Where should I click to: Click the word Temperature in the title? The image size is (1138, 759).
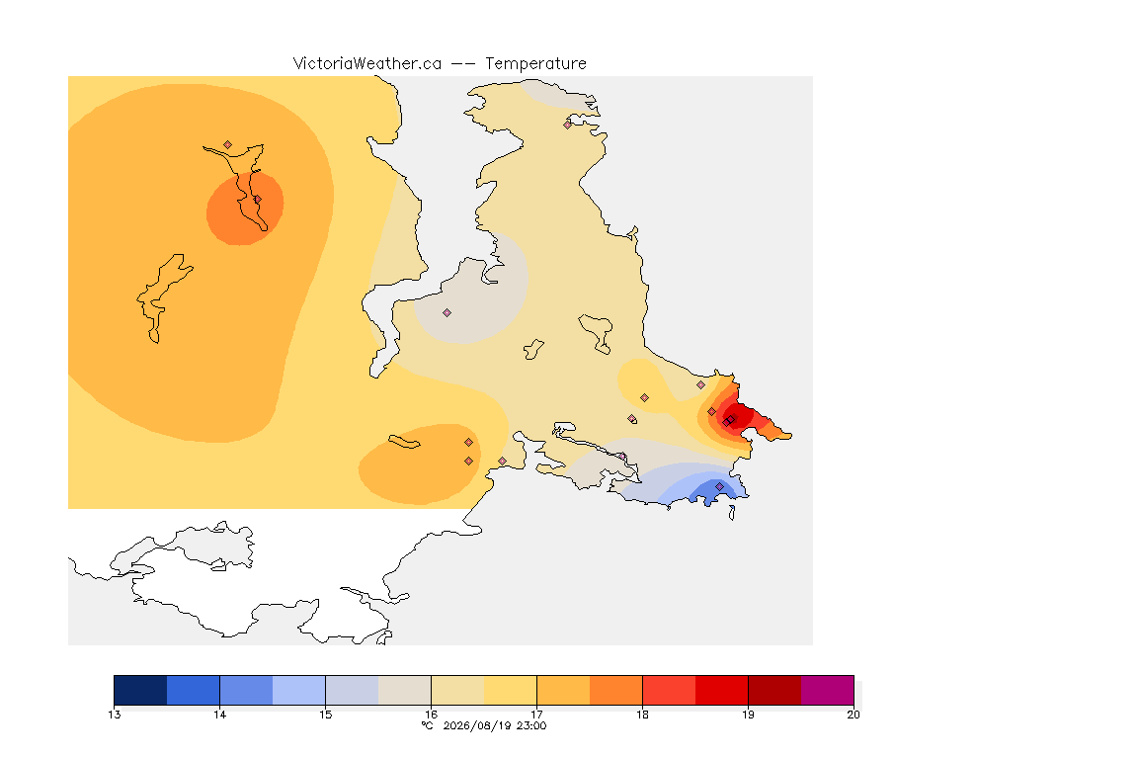coord(535,64)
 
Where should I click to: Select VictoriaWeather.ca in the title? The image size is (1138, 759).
coord(367,64)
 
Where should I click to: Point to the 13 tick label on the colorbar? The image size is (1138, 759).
coord(114,715)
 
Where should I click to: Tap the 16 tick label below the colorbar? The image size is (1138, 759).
coord(431,715)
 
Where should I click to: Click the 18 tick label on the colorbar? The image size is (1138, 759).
coord(642,715)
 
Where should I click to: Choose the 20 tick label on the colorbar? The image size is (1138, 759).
coord(853,715)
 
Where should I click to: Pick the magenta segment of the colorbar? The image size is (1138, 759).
coord(828,690)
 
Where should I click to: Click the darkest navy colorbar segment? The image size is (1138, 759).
coord(141,690)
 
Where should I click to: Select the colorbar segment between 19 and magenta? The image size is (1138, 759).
coord(774,690)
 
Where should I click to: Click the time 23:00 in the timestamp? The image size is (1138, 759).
coord(532,725)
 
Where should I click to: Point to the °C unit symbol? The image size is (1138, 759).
coord(428,725)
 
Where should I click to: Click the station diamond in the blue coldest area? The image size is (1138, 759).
coord(719,486)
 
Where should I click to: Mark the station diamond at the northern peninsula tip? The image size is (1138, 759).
coord(568,125)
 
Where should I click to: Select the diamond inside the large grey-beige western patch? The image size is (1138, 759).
coord(447,313)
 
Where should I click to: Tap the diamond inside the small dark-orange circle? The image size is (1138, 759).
coord(257,200)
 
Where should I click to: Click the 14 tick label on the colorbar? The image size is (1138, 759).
coord(220,715)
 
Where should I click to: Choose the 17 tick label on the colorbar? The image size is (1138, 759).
coord(536,715)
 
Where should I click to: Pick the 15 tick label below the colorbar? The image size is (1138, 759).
coord(325,715)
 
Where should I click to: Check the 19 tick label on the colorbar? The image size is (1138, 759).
coord(748,715)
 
